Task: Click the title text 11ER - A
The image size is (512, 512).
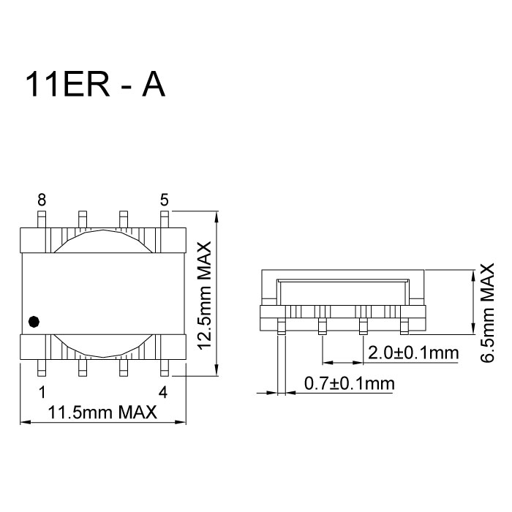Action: [96, 86]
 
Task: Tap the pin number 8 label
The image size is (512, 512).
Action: [42, 200]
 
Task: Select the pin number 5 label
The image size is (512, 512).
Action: [164, 200]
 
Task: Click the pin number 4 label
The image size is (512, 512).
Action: [163, 392]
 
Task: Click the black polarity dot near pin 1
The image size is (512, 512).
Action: [33, 321]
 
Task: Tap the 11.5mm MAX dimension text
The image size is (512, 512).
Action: [102, 413]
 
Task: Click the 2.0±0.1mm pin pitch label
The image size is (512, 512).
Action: [413, 353]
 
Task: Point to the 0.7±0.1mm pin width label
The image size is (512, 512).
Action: [348, 383]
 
